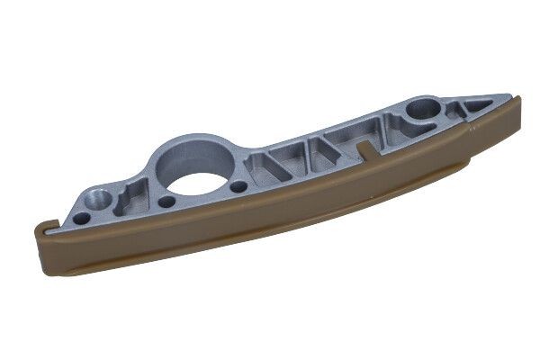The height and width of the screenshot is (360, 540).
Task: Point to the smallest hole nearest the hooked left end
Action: pyautogui.click(x=81, y=217)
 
